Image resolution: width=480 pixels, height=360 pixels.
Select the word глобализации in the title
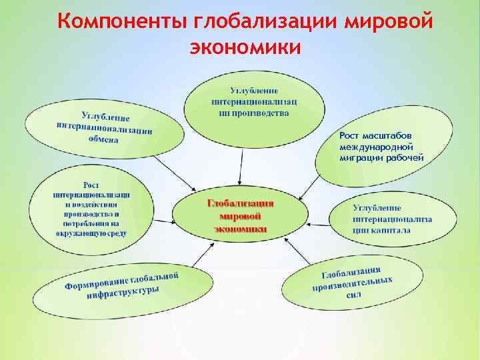coord(266,21)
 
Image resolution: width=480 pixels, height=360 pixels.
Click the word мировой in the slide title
coord(389,21)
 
